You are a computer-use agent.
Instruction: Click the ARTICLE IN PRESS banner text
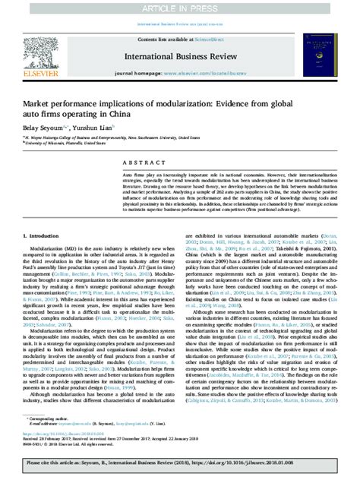[x=180, y=7]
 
